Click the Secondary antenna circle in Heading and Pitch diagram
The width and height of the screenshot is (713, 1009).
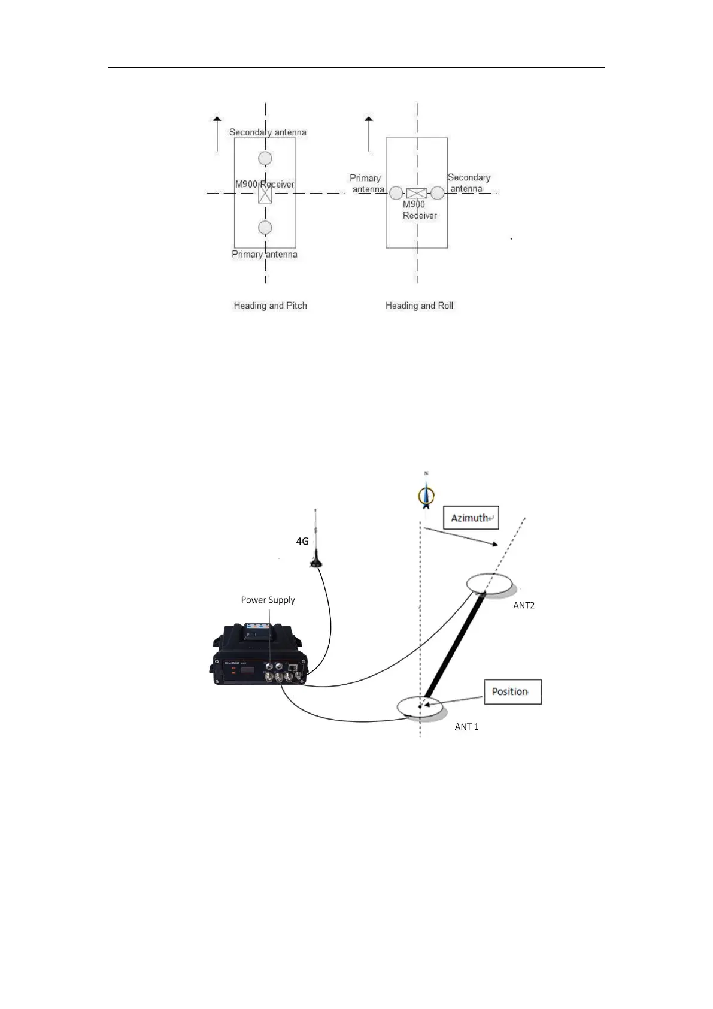265,158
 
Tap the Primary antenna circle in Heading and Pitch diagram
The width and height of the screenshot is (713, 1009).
265,228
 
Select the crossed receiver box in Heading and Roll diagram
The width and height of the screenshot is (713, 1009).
416,193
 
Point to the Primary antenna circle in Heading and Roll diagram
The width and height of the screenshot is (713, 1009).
396,193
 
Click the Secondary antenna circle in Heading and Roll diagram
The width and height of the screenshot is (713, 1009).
438,193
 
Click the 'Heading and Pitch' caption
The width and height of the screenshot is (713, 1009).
270,306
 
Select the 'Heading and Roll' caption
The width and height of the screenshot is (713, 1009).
419,306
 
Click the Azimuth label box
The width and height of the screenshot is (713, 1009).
471,518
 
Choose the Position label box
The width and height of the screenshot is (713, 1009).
512,691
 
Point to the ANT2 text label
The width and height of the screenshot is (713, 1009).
524,605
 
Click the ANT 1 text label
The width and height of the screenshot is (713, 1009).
466,727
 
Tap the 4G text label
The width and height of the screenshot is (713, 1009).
302,542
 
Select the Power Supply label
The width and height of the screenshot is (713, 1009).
268,600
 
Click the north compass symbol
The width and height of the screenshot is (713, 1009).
426,495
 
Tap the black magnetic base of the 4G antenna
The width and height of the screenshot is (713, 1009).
315,562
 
